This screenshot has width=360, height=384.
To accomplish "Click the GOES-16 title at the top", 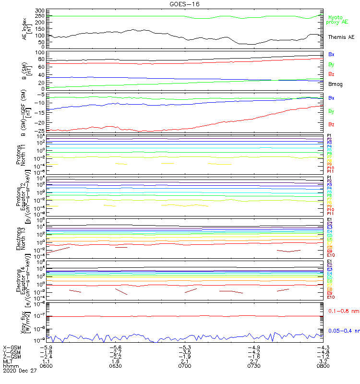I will pos(181,4).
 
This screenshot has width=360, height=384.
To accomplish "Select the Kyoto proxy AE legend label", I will pos(337,20).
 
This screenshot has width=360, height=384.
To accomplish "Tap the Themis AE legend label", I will pos(341,37).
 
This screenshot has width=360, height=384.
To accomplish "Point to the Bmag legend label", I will pos(336,84).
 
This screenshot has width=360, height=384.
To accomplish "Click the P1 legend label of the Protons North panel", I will pos(329,136).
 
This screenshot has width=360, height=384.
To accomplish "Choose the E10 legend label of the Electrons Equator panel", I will pos(331,297).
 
